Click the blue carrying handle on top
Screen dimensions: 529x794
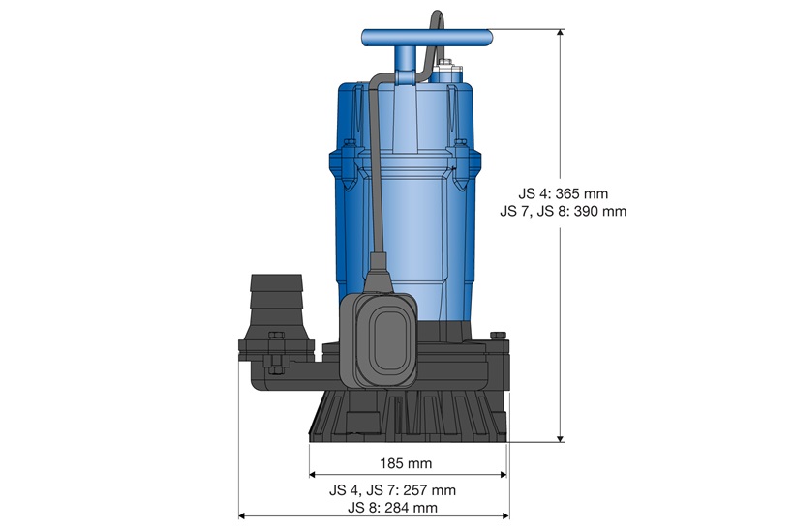426,38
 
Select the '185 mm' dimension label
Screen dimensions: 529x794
407,462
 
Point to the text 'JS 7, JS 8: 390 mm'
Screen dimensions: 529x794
565,210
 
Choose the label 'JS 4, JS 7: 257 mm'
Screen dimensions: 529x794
406,490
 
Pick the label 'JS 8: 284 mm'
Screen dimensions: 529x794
406,507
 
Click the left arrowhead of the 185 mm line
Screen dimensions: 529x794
314,475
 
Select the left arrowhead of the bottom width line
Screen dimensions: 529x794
243,516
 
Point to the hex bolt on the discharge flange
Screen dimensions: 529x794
272,364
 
